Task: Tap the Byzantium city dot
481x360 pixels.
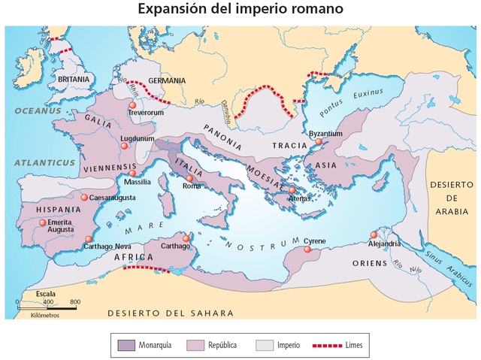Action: click(319, 141)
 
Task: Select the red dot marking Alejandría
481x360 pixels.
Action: click(374, 234)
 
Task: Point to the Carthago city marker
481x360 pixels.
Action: click(186, 237)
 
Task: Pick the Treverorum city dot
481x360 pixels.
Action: click(132, 105)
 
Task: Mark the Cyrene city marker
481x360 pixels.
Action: click(307, 249)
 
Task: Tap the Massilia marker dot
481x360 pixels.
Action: click(132, 173)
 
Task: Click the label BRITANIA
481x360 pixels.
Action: click(73, 78)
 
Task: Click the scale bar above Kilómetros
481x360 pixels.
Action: click(47, 307)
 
